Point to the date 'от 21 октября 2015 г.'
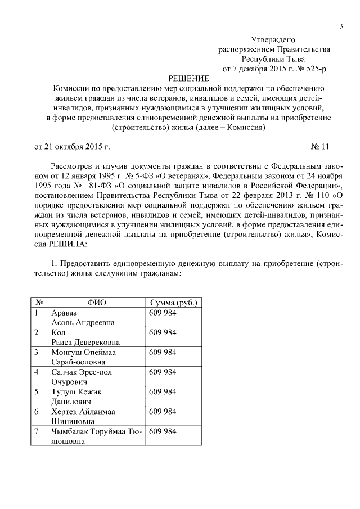click(73, 147)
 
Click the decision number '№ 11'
click(319, 147)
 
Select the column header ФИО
click(97, 303)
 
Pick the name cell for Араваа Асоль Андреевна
click(83, 318)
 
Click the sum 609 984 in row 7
click(163, 431)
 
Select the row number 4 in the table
click(37, 372)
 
